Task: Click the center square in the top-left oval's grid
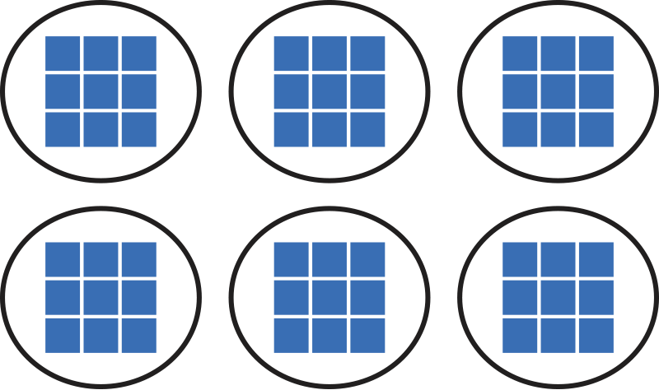point(100,91)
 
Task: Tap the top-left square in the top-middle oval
point(291,53)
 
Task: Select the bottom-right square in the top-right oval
point(596,129)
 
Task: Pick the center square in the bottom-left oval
point(100,297)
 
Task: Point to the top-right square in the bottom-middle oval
point(367,259)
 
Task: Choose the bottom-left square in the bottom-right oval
point(520,335)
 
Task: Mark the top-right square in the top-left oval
point(138,53)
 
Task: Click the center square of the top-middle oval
point(329,91)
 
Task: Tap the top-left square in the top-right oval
point(520,53)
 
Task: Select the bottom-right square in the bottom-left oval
point(138,335)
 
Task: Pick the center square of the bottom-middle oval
point(329,297)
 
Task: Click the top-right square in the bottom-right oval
point(596,259)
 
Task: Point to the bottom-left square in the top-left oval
point(63,129)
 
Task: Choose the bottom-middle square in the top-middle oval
point(329,129)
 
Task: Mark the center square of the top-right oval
point(558,91)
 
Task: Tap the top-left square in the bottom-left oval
point(63,259)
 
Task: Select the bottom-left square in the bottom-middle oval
point(291,335)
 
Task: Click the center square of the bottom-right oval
point(558,297)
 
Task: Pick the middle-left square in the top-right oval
point(520,91)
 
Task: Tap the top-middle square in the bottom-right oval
point(558,259)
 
